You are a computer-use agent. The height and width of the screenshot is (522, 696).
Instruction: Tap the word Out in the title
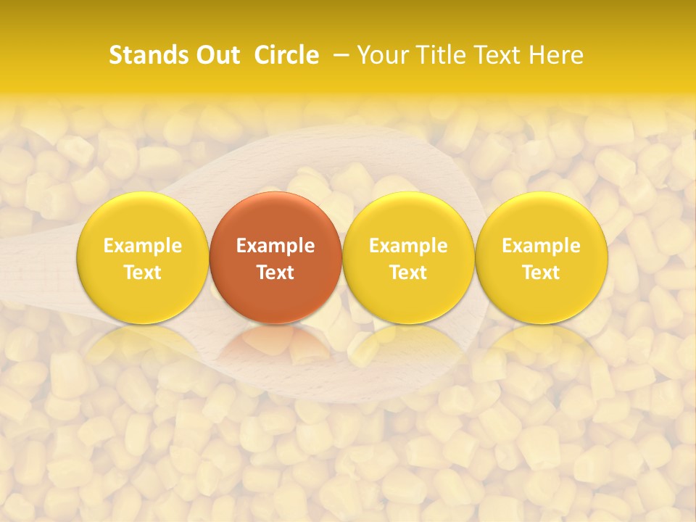point(218,55)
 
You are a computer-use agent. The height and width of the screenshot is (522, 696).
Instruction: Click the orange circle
point(275,217)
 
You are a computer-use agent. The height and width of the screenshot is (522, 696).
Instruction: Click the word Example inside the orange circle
point(275,246)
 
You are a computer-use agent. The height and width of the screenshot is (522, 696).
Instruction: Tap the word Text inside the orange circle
point(275,273)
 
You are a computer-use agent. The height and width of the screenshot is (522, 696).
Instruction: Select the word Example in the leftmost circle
point(143,246)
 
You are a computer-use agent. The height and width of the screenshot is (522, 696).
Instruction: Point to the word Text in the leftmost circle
point(143,273)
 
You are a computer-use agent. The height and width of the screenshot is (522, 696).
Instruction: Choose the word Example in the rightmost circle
point(541,246)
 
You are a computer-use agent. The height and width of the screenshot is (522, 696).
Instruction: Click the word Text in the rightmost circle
point(541,273)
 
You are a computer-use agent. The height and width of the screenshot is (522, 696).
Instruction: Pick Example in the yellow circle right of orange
point(408,246)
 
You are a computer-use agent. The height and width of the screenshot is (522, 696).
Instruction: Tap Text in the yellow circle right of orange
point(408,273)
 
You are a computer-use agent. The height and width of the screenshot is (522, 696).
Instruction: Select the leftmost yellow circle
point(143,217)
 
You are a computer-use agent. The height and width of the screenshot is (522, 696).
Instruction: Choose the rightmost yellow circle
point(541,217)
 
